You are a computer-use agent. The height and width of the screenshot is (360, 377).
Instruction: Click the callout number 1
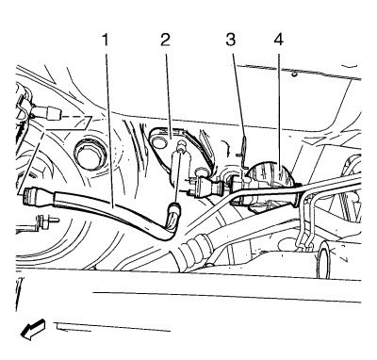pyautogui.click(x=105, y=40)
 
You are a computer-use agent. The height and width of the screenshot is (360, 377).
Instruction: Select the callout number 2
pyautogui.click(x=165, y=40)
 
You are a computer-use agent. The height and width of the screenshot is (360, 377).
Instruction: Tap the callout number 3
pyautogui.click(x=231, y=40)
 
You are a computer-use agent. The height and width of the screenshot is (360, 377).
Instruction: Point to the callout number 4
pyautogui.click(x=279, y=40)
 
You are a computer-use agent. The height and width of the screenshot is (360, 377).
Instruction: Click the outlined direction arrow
pyautogui.click(x=33, y=329)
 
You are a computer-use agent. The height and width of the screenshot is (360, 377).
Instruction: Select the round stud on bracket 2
pyautogui.click(x=181, y=145)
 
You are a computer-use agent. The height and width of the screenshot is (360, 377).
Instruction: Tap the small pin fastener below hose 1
pyautogui.click(x=45, y=221)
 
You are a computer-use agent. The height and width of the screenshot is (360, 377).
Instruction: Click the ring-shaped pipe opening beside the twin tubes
pyautogui.click(x=324, y=261)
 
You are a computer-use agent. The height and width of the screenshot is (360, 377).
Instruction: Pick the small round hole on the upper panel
pyautogui.click(x=293, y=74)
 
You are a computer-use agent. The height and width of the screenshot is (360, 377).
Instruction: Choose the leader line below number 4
pyautogui.click(x=279, y=112)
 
